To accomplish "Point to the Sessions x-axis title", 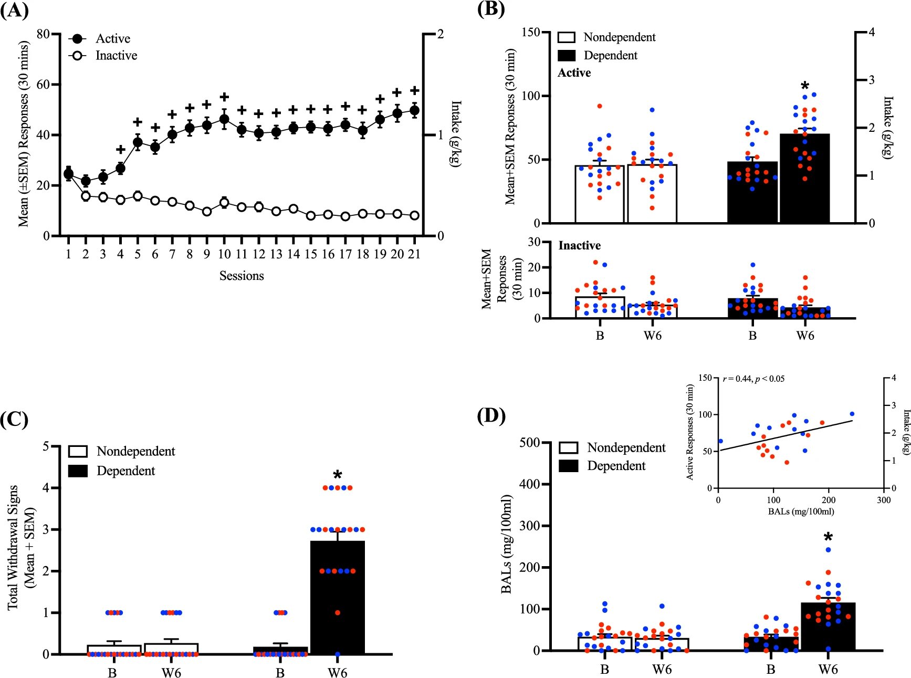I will pos(242,276).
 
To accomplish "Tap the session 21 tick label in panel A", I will pos(414,254).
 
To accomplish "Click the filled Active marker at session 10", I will pos(224,119).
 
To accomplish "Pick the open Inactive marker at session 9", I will pos(207,212).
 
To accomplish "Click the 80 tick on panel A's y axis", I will pos(43,34).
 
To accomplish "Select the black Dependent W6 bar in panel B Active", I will pos(804,179).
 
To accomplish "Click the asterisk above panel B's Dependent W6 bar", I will pos(805,86).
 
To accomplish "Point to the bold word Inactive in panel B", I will pos(579,245).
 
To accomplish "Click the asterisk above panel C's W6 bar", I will pos(337,475).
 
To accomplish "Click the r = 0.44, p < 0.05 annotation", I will pos(753,379).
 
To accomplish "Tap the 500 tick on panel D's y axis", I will pos(529,443).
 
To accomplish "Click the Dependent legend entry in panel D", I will pos(615,466).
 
